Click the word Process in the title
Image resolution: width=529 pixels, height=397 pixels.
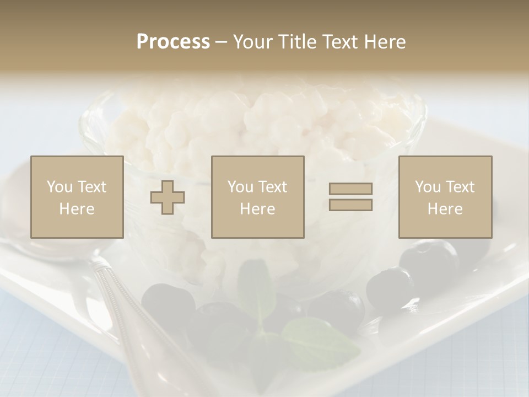click(173, 42)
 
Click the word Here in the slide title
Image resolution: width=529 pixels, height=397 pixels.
click(384, 42)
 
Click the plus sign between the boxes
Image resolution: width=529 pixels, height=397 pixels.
click(168, 197)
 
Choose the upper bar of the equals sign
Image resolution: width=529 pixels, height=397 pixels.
click(350, 189)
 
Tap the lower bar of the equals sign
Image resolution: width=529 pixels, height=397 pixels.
click(350, 205)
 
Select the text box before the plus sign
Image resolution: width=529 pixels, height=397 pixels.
click(77, 197)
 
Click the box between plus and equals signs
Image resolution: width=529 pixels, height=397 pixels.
click(257, 197)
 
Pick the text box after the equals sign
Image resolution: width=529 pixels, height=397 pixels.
click(445, 197)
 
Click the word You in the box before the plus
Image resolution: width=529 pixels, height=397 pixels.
click(60, 186)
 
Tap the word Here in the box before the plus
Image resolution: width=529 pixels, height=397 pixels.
click(77, 208)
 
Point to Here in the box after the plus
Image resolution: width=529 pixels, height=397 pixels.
click(257, 208)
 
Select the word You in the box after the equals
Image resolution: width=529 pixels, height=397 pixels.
click(428, 186)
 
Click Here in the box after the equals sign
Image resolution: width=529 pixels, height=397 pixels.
click(445, 208)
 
